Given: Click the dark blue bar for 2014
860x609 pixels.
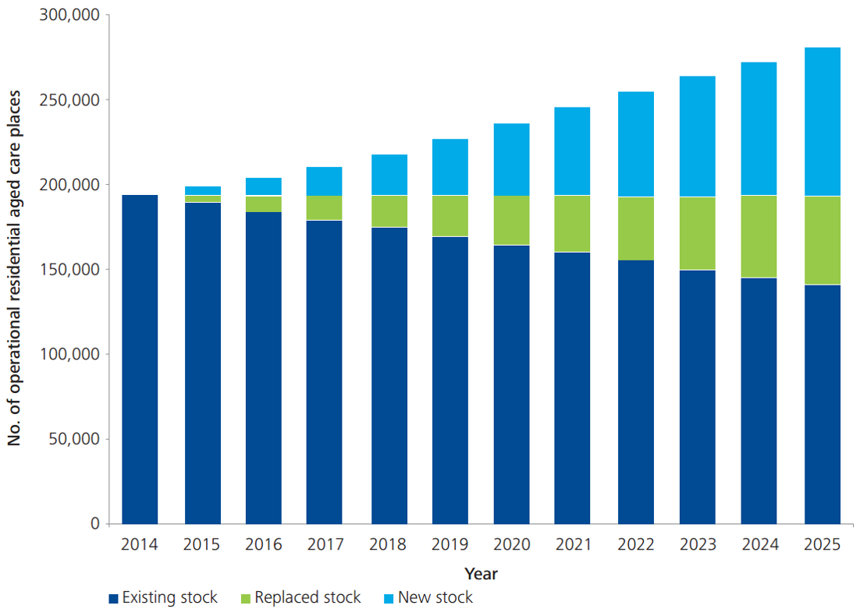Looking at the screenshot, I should click(140, 359).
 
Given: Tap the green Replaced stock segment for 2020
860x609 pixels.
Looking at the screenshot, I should click(511, 221).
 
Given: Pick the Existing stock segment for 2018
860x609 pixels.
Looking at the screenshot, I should click(389, 375).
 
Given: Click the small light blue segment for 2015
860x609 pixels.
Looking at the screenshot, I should click(202, 190).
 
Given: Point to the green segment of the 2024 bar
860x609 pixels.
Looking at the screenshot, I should click(759, 236).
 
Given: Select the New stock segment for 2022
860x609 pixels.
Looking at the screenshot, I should click(635, 144).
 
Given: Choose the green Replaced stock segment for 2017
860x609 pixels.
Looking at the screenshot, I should click(324, 208).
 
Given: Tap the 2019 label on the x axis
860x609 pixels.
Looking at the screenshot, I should click(450, 545).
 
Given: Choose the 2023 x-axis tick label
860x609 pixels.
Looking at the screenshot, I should click(697, 545).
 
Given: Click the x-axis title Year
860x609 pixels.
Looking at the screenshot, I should click(481, 574).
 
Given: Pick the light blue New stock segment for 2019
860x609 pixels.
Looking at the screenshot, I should click(450, 167).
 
